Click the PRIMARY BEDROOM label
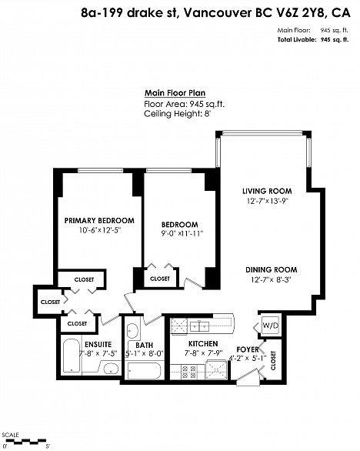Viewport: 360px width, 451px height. [99, 221]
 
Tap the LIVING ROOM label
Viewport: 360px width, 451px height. [267, 191]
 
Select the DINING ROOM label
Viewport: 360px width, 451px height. [271, 270]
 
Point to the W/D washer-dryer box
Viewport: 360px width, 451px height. [271, 326]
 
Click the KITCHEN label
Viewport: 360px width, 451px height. [203, 344]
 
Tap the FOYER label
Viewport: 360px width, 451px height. [248, 349]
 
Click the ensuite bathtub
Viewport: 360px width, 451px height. [72, 356]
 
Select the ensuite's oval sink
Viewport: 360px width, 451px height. [111, 368]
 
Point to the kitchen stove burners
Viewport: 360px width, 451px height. [189, 372]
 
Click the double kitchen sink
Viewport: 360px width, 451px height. [199, 326]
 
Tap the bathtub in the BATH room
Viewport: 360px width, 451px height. [144, 370]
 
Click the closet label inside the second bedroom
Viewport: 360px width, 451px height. [160, 279]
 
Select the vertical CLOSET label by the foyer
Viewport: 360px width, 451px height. [273, 360]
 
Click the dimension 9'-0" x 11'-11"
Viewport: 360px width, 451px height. [182, 233]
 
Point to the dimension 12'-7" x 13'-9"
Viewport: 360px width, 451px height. [268, 201]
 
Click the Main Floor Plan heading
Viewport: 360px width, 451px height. [175, 93]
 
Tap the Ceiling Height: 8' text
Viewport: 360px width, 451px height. [178, 114]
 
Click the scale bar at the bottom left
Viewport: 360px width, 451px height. [25, 440]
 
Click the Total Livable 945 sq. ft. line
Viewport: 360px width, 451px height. [313, 40]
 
